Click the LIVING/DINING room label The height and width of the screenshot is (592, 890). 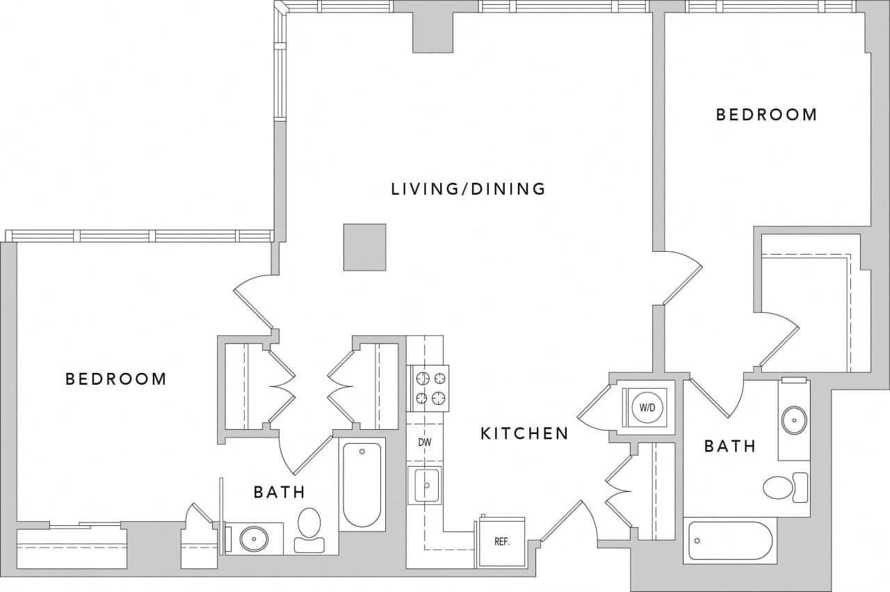(468, 189)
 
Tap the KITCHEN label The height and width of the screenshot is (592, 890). (524, 434)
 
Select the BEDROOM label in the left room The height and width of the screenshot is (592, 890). (116, 379)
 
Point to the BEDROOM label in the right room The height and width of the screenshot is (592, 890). (766, 115)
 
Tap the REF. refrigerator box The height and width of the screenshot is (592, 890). (502, 542)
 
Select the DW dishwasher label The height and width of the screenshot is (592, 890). (426, 442)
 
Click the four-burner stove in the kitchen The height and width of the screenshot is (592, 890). (428, 388)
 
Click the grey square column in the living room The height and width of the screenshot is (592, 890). (364, 247)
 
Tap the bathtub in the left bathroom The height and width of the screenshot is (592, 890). (362, 484)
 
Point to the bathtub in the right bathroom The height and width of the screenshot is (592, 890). (729, 541)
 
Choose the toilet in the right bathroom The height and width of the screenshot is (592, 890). (785, 487)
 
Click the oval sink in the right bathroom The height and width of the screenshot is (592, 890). (794, 419)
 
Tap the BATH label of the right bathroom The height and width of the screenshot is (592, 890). (729, 447)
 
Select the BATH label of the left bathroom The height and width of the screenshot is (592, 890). (279, 493)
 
